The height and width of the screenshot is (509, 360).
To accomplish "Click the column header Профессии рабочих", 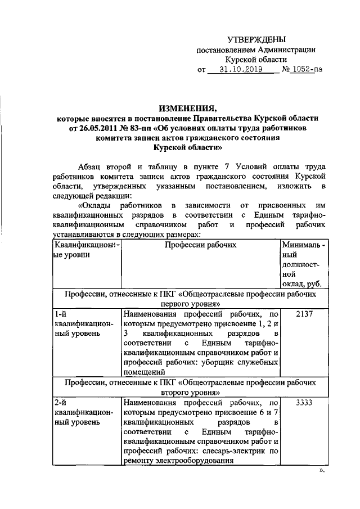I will [x=200, y=245].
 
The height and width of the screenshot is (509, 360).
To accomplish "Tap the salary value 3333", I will [x=303, y=403].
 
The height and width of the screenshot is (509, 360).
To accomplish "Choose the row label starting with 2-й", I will [x=61, y=403].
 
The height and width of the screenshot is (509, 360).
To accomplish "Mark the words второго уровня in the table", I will [x=189, y=391].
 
